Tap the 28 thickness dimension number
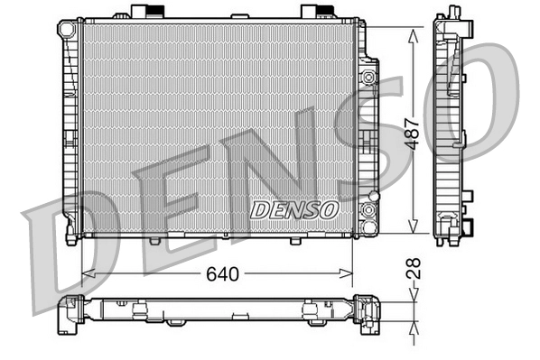(x=414, y=268)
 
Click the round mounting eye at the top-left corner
(x=67, y=30)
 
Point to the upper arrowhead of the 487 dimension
(x=414, y=32)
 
